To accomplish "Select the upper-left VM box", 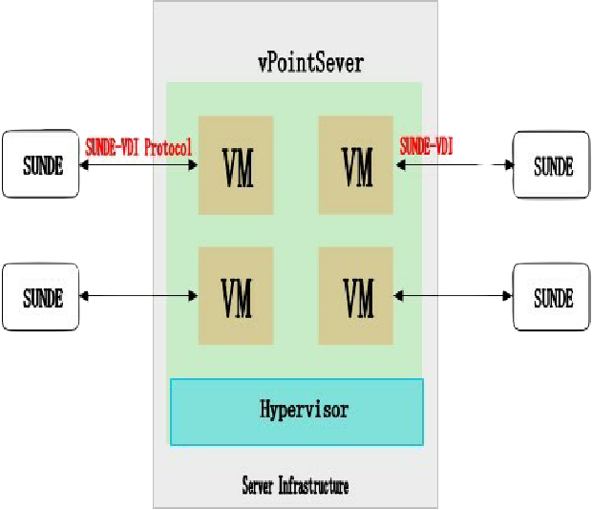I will (x=236, y=165).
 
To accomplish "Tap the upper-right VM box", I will (x=357, y=165).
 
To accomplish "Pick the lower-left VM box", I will (x=236, y=296).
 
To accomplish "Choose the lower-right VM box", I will (x=357, y=296).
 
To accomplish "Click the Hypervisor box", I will (x=296, y=412).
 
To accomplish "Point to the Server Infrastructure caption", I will (x=295, y=487).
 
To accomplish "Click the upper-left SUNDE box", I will (x=42, y=164).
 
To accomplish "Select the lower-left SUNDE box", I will (x=42, y=297).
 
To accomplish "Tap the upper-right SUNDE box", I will (x=553, y=164).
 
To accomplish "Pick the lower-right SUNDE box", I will (x=553, y=297).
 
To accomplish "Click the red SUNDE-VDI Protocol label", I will (x=138, y=146).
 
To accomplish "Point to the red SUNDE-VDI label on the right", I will (x=426, y=146).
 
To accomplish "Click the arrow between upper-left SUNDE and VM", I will (x=139, y=165).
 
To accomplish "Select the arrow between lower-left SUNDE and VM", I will (x=139, y=297).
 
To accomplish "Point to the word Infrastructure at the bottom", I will (x=313, y=487).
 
